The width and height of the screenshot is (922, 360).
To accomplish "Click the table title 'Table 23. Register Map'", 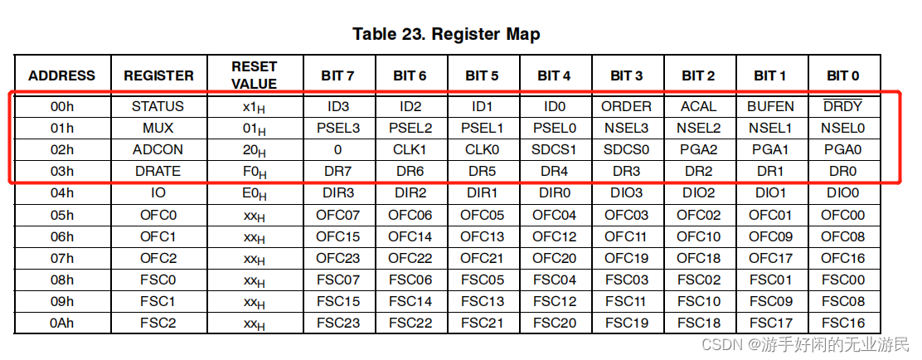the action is pyautogui.click(x=446, y=34).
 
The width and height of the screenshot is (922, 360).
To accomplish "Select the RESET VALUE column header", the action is pyautogui.click(x=254, y=75).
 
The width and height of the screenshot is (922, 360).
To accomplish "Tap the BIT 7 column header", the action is pyautogui.click(x=337, y=75).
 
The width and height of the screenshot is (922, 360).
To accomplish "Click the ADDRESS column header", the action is pyautogui.click(x=61, y=75).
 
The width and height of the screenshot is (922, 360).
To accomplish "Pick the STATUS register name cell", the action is pyautogui.click(x=158, y=107).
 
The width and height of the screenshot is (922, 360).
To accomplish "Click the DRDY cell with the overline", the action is pyautogui.click(x=842, y=107).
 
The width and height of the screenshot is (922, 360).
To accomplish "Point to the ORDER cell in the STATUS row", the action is pyautogui.click(x=626, y=107).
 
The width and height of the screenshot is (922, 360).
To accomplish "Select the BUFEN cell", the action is pyautogui.click(x=770, y=107).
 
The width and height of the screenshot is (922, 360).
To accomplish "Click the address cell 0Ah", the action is pyautogui.click(x=61, y=323).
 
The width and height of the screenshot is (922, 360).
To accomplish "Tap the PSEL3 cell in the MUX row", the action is pyautogui.click(x=337, y=129).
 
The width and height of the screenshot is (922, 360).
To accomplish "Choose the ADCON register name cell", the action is pyautogui.click(x=158, y=150).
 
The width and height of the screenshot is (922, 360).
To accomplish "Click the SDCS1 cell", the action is pyautogui.click(x=554, y=150).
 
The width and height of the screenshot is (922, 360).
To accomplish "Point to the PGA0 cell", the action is pyautogui.click(x=842, y=150).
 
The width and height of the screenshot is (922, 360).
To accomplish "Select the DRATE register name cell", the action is pyautogui.click(x=158, y=172).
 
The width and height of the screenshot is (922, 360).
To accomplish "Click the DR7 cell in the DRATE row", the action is pyautogui.click(x=337, y=172).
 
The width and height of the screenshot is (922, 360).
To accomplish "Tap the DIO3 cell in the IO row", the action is pyautogui.click(x=626, y=193).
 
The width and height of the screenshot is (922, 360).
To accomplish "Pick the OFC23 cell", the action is pyautogui.click(x=337, y=258).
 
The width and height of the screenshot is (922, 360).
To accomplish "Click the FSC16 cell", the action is pyautogui.click(x=842, y=323).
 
